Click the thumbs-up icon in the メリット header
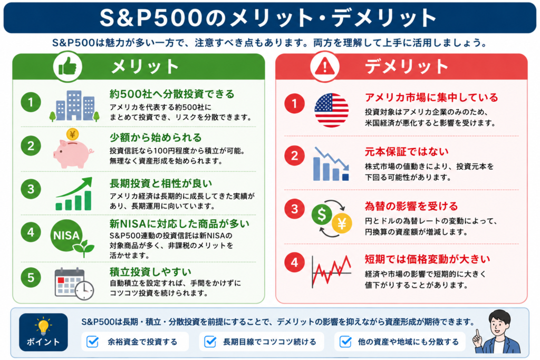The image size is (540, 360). point(67,66)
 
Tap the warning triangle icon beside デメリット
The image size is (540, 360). point(324,66)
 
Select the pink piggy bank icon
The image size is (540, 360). point(73,149)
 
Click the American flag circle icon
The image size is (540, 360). point(331,110)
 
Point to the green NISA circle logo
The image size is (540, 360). point(66,236)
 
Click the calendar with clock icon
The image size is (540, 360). point(74,284)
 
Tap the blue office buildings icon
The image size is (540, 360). point(74,105)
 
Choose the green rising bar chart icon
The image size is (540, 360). point(74,193)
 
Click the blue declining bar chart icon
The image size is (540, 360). point(331,164)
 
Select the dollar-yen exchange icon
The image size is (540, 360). point(332,219)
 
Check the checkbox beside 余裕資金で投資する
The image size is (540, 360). point(93,342)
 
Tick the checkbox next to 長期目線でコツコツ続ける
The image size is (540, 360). point(210,342)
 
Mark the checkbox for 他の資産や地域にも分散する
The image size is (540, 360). point(345,342)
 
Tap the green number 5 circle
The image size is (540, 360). point(31,277)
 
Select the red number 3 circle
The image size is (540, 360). point(294,209)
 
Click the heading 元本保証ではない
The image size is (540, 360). point(407,151)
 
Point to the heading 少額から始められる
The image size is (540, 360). point(156,138)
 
